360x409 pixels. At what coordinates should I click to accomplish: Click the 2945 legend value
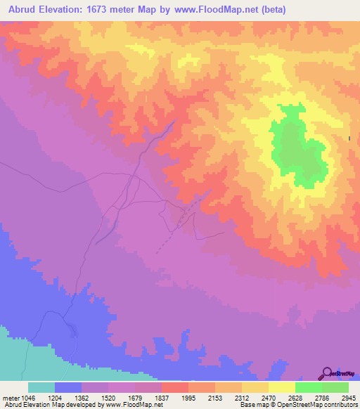340,397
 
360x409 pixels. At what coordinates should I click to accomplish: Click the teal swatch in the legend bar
41,387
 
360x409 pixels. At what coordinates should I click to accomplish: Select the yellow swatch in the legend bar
282,387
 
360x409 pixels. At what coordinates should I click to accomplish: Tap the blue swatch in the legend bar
68,387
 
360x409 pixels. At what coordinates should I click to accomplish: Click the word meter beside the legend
9,397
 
